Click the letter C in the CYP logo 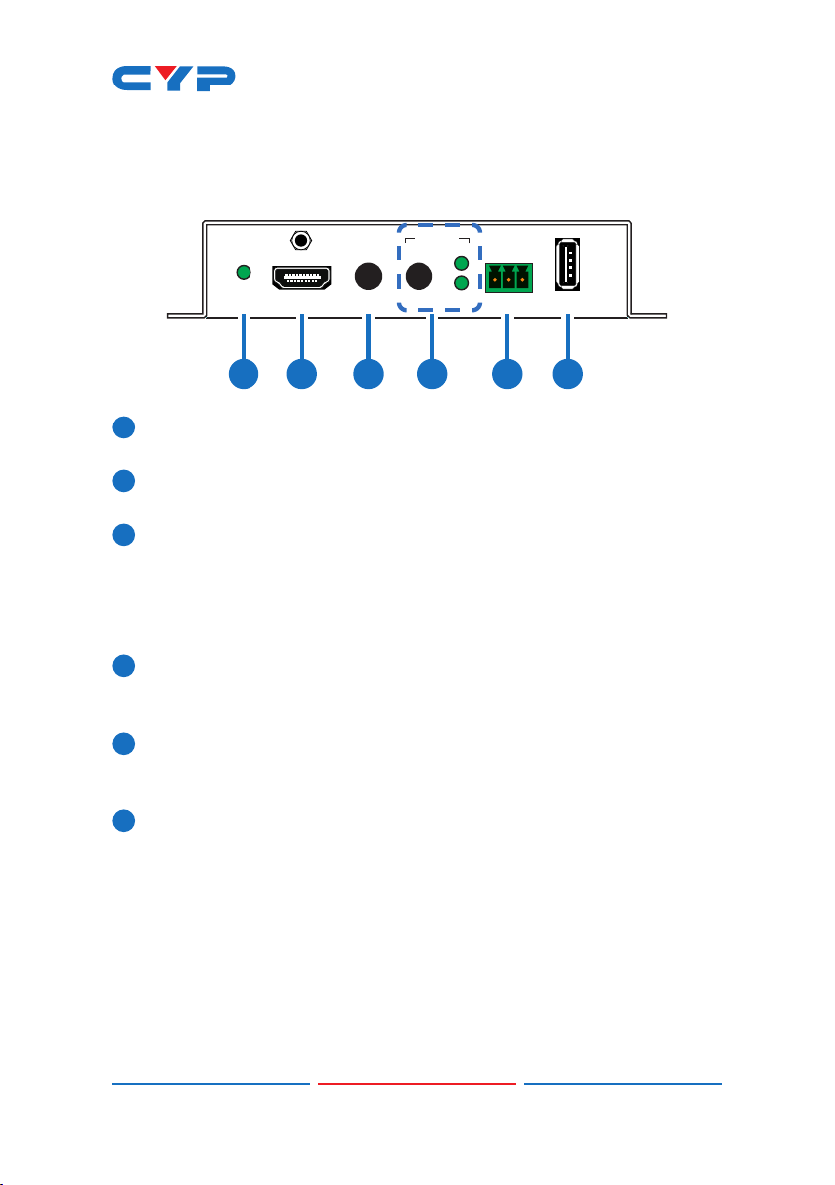[133, 79]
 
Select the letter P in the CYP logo [215, 79]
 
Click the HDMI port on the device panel [302, 279]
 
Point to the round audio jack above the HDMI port [301, 241]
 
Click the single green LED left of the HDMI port [244, 272]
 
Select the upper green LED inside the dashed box [461, 263]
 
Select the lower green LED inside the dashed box [461, 283]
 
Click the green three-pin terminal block [509, 278]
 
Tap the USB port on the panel [568, 263]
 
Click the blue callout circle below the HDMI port [302, 374]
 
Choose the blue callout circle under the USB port [568, 374]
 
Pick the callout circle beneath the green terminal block [507, 374]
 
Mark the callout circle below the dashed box [433, 374]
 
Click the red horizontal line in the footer [417, 1083]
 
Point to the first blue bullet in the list [124, 427]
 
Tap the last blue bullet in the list [124, 821]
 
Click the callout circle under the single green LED [244, 374]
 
